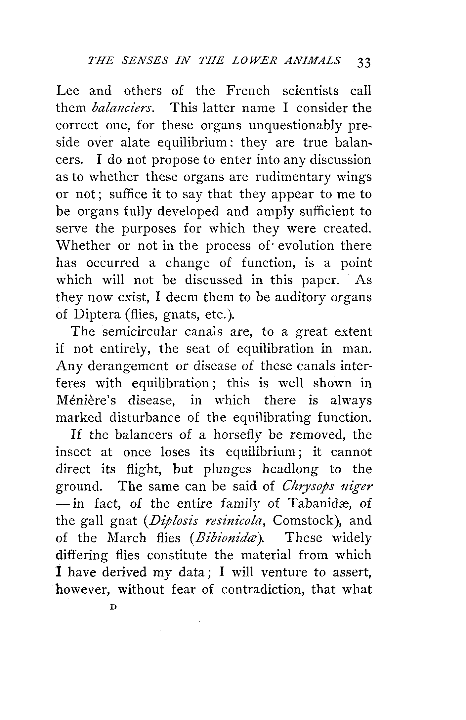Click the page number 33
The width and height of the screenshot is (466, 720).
click(364, 62)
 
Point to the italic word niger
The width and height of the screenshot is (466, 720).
click(357, 487)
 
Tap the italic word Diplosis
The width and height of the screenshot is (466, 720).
click(173, 521)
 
